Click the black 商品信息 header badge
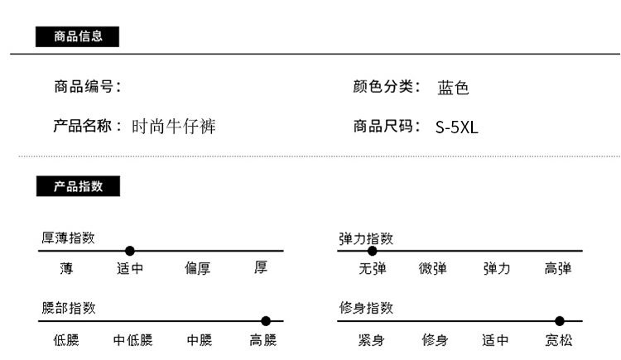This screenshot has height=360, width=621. (x=77, y=37)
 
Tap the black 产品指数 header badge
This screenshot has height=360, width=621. (x=78, y=186)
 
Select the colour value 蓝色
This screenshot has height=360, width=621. (x=453, y=88)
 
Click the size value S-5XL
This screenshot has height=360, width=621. (x=456, y=127)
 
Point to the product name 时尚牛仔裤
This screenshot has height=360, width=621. (x=174, y=127)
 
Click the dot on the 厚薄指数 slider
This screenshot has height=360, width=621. (x=129, y=251)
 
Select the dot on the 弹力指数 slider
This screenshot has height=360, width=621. (x=373, y=251)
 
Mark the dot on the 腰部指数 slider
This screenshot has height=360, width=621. (x=266, y=321)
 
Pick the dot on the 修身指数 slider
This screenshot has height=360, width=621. (x=559, y=321)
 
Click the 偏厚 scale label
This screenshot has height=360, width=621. (x=197, y=268)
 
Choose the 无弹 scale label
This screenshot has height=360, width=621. (x=373, y=268)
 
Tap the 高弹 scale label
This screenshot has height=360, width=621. (x=558, y=268)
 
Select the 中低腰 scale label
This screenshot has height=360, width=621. (x=132, y=340)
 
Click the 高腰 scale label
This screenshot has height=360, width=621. (x=263, y=340)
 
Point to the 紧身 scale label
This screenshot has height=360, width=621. (x=371, y=340)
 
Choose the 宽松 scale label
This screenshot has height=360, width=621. (x=559, y=340)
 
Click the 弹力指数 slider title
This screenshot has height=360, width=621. (x=366, y=239)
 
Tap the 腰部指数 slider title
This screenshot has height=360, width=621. (x=69, y=308)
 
